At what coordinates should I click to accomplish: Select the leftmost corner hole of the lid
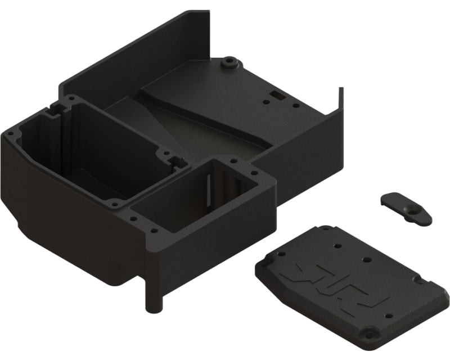pos(267,263)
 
